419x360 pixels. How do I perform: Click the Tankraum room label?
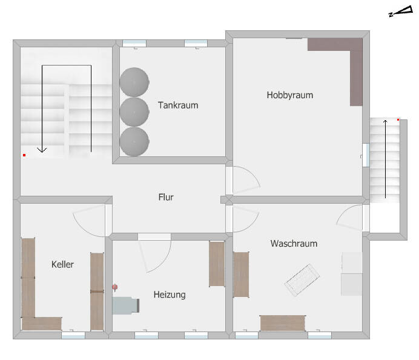coord(178,105)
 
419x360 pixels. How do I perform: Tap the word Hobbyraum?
coord(290,95)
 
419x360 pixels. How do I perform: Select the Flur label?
coord(166,197)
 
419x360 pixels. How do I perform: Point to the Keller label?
coord(62,264)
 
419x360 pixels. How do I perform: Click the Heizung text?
coord(170,295)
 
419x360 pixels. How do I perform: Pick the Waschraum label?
coord(294,244)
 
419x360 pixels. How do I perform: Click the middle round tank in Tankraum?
coord(134,112)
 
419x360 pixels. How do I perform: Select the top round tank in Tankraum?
coord(134,82)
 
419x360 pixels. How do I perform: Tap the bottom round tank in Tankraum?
coord(134,141)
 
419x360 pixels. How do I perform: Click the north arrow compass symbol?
coord(401,12)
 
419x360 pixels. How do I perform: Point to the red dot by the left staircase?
coord(24,155)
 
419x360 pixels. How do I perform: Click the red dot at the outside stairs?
coord(398,120)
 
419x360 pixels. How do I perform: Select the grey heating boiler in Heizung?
coord(125,305)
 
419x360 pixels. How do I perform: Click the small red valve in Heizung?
coord(115,287)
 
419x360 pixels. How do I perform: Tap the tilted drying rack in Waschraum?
coord(302,280)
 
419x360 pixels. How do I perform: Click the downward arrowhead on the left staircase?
coord(42,150)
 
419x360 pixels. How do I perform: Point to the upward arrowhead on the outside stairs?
coord(385,122)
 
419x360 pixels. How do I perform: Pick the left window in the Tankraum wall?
coord(134,43)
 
